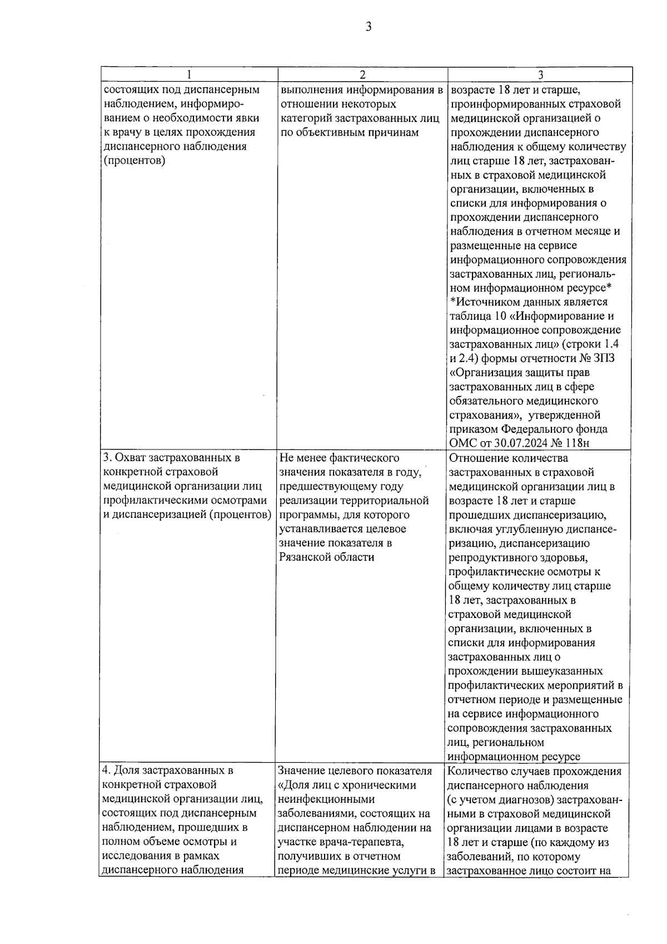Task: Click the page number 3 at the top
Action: [368, 27]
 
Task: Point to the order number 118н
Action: [576, 444]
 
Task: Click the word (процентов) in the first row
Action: [135, 161]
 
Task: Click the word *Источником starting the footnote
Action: [482, 302]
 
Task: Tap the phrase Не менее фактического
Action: [339, 458]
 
